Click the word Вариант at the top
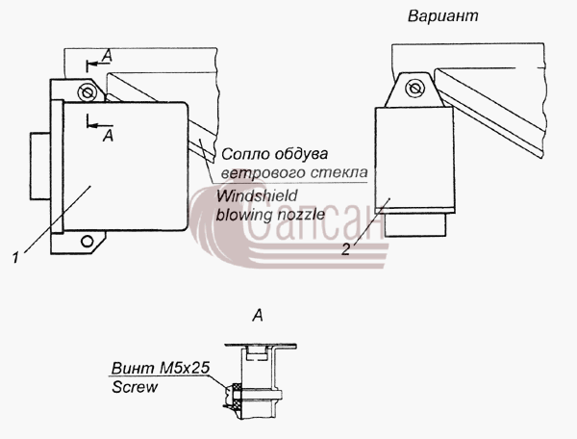(443, 15)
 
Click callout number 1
(15, 257)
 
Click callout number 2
(345, 249)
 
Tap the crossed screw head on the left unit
(88, 92)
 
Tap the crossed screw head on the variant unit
(414, 88)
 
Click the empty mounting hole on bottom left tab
(88, 242)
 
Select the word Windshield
(257, 196)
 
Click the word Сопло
(242, 154)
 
